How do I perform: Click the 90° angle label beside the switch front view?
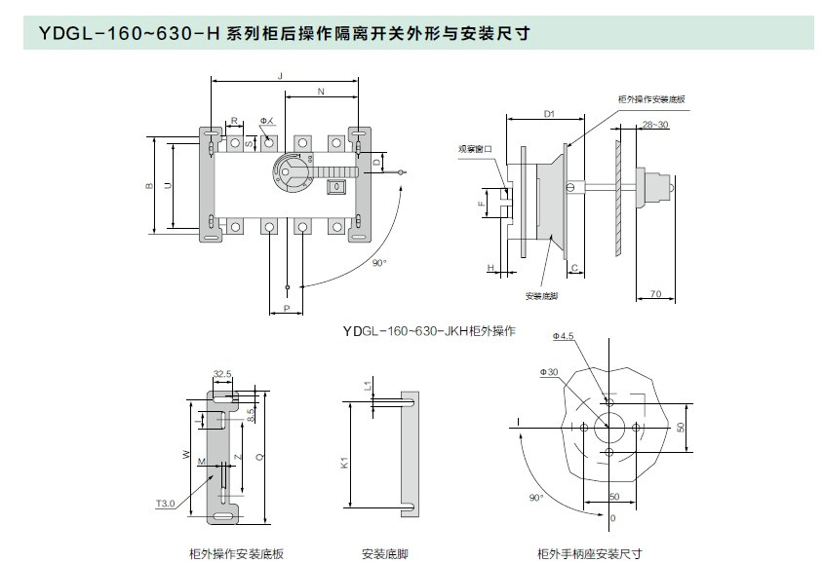(380, 263)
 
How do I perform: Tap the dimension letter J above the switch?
(280, 75)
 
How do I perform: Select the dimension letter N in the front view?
(322, 92)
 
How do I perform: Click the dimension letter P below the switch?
(286, 308)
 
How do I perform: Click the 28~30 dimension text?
(655, 125)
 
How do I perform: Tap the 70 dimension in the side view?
(655, 292)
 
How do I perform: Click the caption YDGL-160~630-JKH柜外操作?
(428, 331)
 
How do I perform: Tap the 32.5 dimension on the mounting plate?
(221, 373)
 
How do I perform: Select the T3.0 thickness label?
(165, 504)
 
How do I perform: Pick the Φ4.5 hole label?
(564, 336)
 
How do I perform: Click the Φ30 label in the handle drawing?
(548, 372)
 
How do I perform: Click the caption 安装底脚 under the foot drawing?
(384, 553)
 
